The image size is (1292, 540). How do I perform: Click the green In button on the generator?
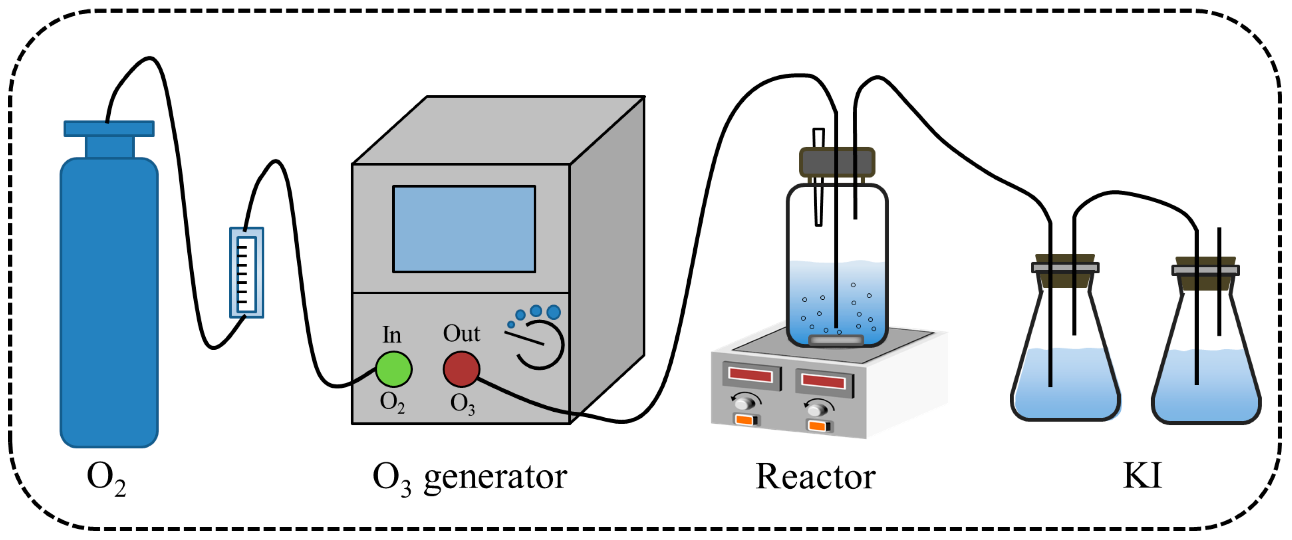click(394, 369)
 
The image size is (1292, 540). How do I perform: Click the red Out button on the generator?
click(461, 369)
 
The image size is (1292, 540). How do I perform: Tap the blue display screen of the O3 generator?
click(464, 229)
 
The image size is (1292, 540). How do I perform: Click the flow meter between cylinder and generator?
click(246, 273)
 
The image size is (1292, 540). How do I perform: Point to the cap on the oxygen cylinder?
click(109, 129)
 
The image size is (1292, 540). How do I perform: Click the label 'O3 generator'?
click(470, 477)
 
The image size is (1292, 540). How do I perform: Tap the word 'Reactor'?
click(815, 477)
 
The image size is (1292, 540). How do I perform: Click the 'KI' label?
click(1142, 475)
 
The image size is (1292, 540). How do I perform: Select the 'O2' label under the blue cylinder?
click(106, 478)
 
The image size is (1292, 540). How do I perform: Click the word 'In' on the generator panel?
click(392, 335)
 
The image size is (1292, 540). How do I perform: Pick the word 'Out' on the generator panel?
click(461, 334)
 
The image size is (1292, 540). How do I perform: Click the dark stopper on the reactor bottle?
click(837, 162)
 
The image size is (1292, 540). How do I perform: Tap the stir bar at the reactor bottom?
click(836, 340)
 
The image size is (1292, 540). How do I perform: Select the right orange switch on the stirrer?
click(818, 426)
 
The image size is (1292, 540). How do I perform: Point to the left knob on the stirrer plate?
click(745, 402)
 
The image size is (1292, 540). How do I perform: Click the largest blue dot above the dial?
click(554, 313)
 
